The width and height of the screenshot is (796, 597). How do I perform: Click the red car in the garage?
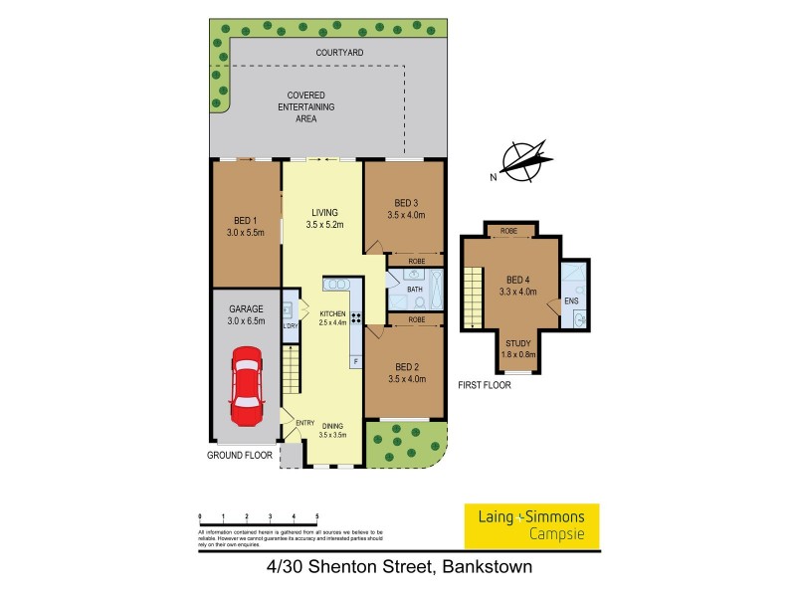[x=246, y=382]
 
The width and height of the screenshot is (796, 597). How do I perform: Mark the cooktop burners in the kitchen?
[x=356, y=320]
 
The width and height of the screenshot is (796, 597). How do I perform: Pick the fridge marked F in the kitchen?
[x=354, y=361]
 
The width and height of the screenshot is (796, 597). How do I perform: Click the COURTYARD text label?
[x=339, y=52]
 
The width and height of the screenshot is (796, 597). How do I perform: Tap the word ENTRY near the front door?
[x=305, y=423]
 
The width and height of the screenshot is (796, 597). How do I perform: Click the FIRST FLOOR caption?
[x=485, y=385]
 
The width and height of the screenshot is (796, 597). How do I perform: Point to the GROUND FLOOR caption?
[x=240, y=455]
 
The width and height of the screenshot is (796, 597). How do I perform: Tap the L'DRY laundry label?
[x=290, y=325]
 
